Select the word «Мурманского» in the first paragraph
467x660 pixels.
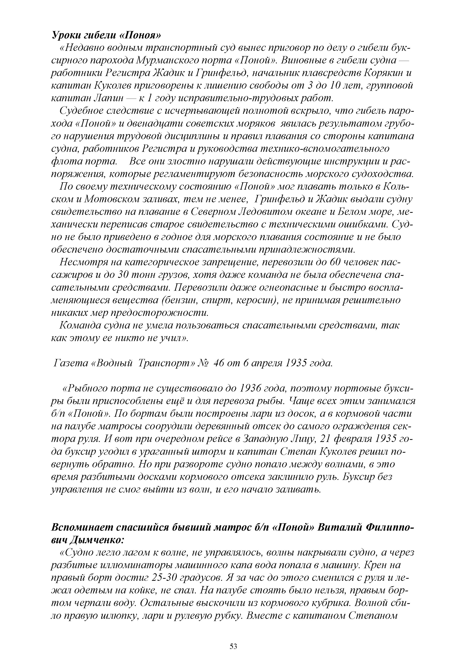point(163,61)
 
